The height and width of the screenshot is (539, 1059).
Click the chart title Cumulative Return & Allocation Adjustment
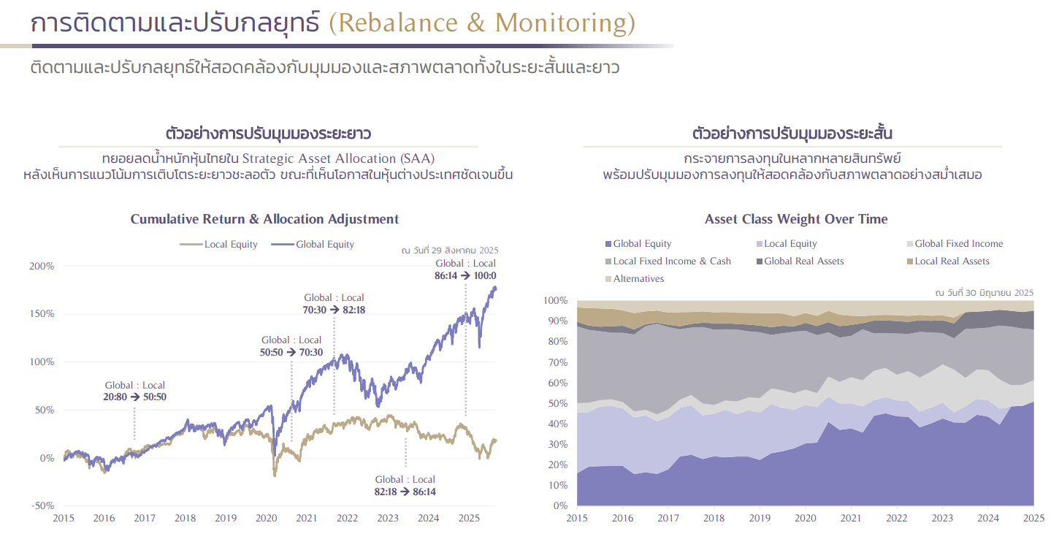click(x=264, y=219)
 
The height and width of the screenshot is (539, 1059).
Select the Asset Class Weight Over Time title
click(x=796, y=219)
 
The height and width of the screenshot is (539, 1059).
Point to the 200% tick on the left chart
click(x=42, y=266)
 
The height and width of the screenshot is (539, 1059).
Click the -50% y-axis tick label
click(x=42, y=505)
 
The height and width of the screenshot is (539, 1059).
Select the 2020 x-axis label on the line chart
click(x=266, y=519)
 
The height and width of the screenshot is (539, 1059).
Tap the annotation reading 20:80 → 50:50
click(x=135, y=397)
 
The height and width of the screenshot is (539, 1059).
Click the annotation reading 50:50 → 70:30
click(x=291, y=352)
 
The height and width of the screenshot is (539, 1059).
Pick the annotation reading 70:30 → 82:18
click(x=334, y=310)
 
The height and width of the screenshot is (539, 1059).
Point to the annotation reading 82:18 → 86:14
click(x=405, y=492)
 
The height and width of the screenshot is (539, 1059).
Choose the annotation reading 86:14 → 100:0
click(x=465, y=275)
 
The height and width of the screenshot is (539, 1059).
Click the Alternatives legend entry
click(x=638, y=279)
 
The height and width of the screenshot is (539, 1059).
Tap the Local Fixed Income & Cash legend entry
click(x=671, y=261)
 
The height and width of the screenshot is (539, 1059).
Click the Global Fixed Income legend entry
click(x=958, y=244)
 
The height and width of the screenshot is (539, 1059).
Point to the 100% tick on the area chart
click(x=556, y=300)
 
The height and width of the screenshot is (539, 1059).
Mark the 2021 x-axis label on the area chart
click(x=850, y=519)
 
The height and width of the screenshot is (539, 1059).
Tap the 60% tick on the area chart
click(x=558, y=383)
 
